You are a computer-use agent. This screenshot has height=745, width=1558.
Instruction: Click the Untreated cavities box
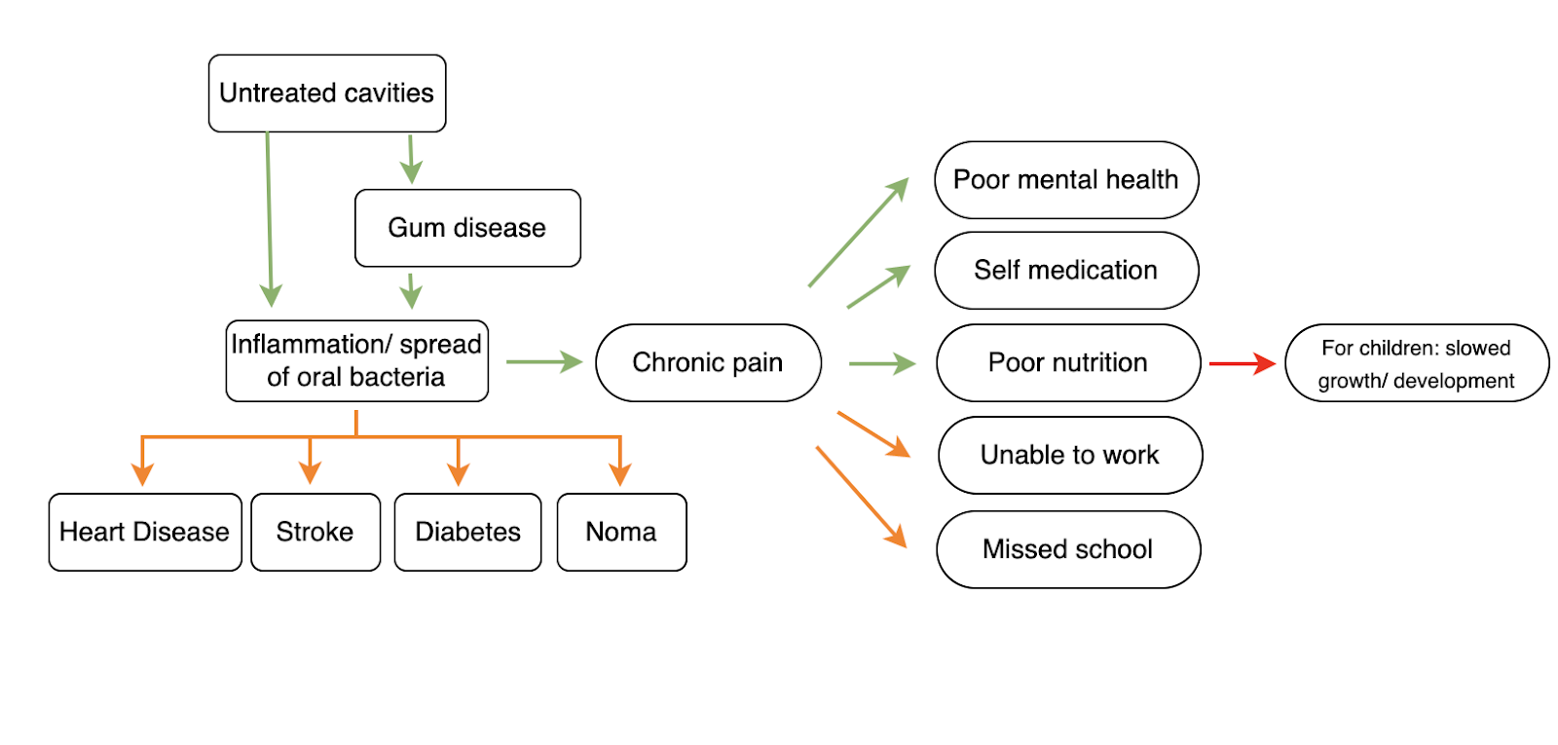tap(327, 93)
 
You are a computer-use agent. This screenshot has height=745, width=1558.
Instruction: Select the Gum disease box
tap(467, 228)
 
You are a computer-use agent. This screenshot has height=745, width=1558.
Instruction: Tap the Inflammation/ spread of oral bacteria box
tap(356, 361)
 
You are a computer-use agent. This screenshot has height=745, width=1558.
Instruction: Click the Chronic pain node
tap(708, 363)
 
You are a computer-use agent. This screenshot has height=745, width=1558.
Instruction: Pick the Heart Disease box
tap(145, 532)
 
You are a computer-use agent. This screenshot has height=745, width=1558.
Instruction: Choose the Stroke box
tap(315, 532)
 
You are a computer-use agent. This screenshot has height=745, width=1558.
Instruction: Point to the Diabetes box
tap(467, 532)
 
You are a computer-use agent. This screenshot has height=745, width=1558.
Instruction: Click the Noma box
tap(621, 532)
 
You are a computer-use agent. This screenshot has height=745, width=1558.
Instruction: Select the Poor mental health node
tap(1066, 180)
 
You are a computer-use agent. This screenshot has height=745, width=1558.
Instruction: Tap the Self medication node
tap(1066, 271)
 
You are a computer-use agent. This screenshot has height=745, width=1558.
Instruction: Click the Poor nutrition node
tap(1068, 363)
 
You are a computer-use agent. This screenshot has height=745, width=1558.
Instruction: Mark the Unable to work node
tap(1070, 456)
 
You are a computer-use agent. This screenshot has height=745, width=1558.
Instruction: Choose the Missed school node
tap(1068, 549)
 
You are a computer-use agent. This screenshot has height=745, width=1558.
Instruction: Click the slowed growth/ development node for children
tap(1417, 363)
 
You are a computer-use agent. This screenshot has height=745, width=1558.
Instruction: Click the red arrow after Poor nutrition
tap(1242, 363)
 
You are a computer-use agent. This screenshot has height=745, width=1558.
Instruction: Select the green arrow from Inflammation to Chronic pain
tap(543, 362)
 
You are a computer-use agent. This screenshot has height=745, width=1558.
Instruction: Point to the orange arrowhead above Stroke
tap(311, 472)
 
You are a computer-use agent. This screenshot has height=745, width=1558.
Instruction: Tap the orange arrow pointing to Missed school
tap(861, 497)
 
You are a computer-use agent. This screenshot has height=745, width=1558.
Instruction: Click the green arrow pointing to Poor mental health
tap(857, 234)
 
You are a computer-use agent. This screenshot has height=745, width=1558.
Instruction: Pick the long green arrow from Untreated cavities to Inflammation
tap(269, 219)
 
